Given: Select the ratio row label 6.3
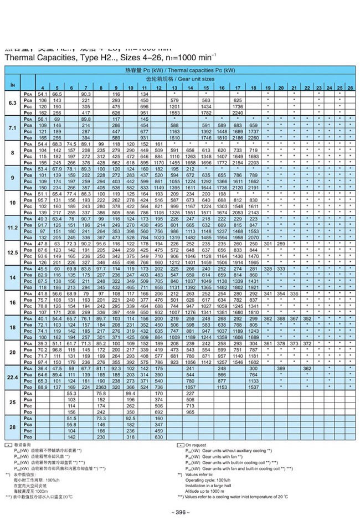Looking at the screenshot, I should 12,104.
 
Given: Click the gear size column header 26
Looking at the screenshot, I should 351,89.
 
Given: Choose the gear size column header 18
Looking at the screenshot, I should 253,89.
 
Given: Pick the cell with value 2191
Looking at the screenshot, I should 253,188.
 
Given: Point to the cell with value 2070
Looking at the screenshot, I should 253,237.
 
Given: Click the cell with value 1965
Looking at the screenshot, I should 253,262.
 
